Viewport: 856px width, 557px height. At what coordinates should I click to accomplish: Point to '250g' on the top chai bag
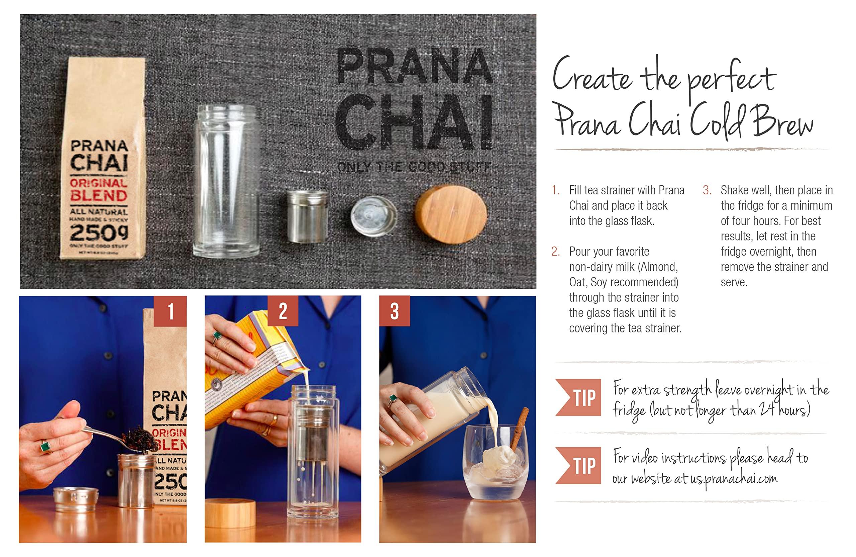click(x=99, y=233)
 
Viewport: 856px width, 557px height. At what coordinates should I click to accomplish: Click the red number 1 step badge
click(x=170, y=311)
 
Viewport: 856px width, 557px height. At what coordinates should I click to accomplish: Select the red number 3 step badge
click(x=395, y=311)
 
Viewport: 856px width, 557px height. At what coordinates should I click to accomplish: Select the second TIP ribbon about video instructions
click(x=579, y=465)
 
